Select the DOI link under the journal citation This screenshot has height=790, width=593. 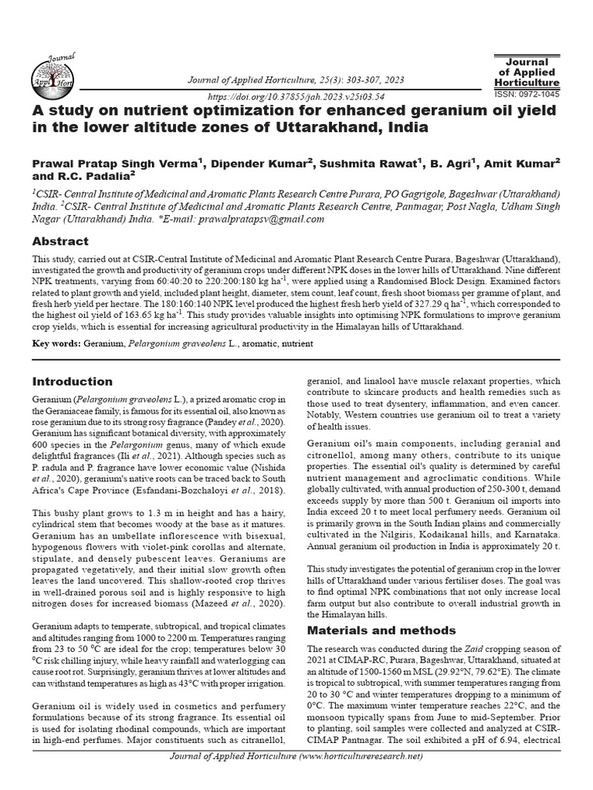(x=297, y=97)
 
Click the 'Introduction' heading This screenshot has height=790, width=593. (x=72, y=381)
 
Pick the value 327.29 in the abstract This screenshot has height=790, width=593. (x=431, y=306)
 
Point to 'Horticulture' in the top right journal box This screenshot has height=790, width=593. (x=527, y=82)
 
